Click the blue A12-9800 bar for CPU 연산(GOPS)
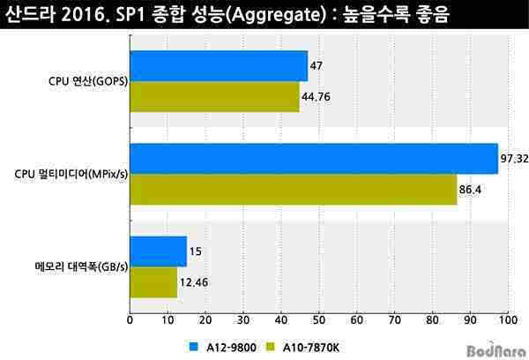(x=219, y=66)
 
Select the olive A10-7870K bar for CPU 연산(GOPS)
(x=214, y=97)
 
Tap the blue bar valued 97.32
(x=314, y=158)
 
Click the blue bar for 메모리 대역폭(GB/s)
(x=158, y=251)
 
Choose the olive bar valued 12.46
(x=153, y=281)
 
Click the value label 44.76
(x=317, y=97)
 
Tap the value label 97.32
(x=513, y=158)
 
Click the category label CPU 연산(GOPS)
(x=87, y=82)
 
